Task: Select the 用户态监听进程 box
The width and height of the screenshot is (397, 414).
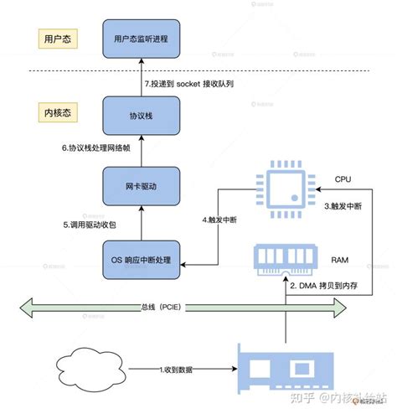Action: point(141,39)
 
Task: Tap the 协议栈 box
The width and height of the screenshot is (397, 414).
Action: point(141,116)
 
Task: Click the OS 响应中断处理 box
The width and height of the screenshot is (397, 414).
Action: point(141,261)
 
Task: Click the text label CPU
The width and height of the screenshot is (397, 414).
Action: point(344,179)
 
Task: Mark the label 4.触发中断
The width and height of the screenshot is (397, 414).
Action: point(220,220)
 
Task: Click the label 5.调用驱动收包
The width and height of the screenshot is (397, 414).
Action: point(90,225)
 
